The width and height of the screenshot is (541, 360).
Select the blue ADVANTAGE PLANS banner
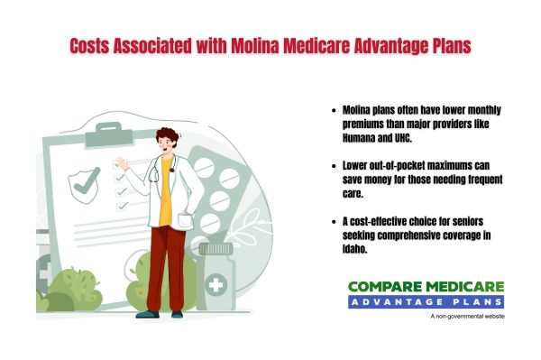point(426,301)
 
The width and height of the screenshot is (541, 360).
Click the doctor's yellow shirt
point(166,203)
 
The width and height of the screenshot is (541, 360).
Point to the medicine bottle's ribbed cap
point(215,248)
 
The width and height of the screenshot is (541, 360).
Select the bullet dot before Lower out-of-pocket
point(336,167)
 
